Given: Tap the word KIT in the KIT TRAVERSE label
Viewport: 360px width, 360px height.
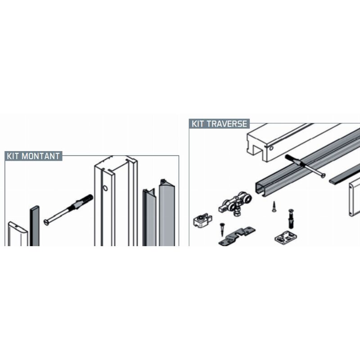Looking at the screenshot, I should [199, 124].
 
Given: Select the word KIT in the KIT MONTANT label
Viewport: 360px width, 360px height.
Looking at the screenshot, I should [13, 156].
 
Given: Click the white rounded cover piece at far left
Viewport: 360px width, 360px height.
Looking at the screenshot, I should [18, 234].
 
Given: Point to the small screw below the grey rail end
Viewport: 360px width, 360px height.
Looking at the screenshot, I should [274, 207].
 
